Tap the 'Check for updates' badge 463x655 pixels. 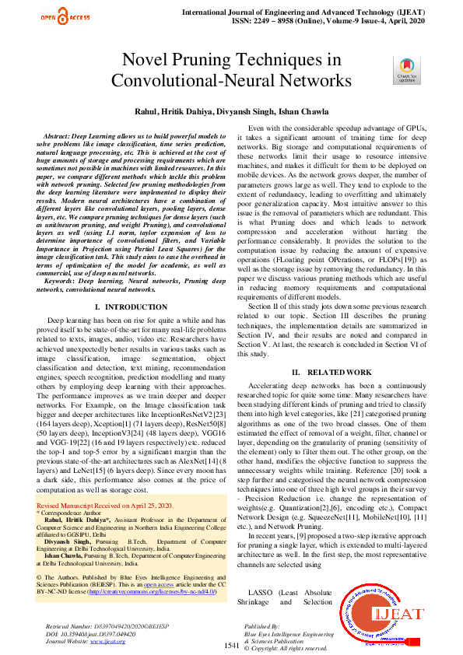407,70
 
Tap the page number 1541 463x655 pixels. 232,646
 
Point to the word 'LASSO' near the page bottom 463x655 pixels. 256,593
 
